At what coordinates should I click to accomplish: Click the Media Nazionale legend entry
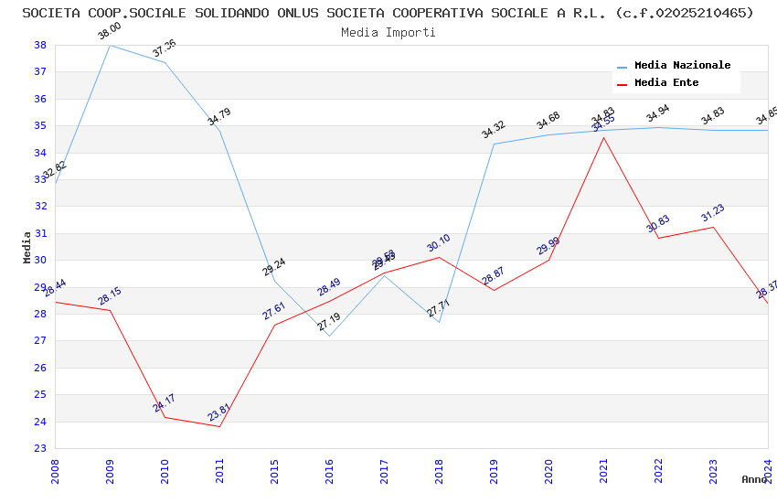[x=682, y=66]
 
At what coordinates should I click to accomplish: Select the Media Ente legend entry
[x=666, y=83]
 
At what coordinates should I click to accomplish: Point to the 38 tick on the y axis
[x=40, y=45]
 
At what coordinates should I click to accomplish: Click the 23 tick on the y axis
[x=40, y=449]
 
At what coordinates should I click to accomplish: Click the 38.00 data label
[x=109, y=31]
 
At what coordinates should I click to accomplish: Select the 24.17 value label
[x=164, y=402]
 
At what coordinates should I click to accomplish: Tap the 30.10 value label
[x=438, y=244]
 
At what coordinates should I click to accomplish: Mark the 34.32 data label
[x=493, y=130]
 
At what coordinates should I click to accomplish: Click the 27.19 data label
[x=328, y=322]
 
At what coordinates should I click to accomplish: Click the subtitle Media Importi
[x=388, y=32]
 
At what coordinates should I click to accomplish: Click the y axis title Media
[x=27, y=247]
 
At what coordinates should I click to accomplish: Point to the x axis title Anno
[x=754, y=479]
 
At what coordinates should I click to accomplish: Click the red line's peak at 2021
[x=603, y=137]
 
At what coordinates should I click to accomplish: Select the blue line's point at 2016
[x=329, y=336]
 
